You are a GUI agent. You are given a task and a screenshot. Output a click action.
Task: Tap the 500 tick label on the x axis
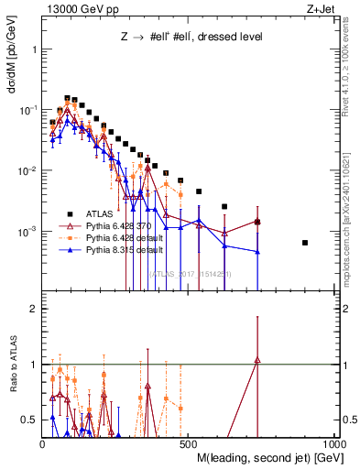191,443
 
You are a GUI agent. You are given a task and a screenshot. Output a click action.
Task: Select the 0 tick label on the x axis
43,443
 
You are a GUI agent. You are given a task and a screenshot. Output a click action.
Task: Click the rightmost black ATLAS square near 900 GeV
331,243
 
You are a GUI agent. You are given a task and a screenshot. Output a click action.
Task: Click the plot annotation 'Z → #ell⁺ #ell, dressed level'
192,38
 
